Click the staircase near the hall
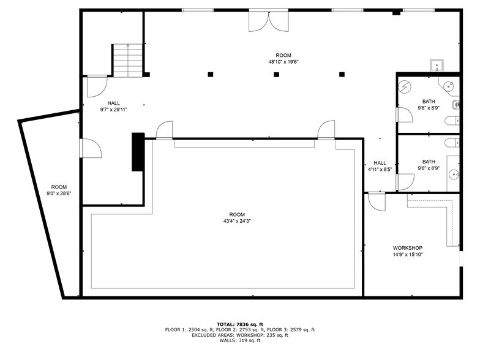[x=127, y=60]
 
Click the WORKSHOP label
[x=407, y=248]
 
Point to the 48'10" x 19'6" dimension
[x=283, y=61]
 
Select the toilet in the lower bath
[x=451, y=143]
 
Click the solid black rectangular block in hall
[x=138, y=152]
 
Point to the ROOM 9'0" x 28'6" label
[x=59, y=190]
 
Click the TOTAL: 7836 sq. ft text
[x=240, y=324]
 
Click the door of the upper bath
[x=403, y=114]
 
